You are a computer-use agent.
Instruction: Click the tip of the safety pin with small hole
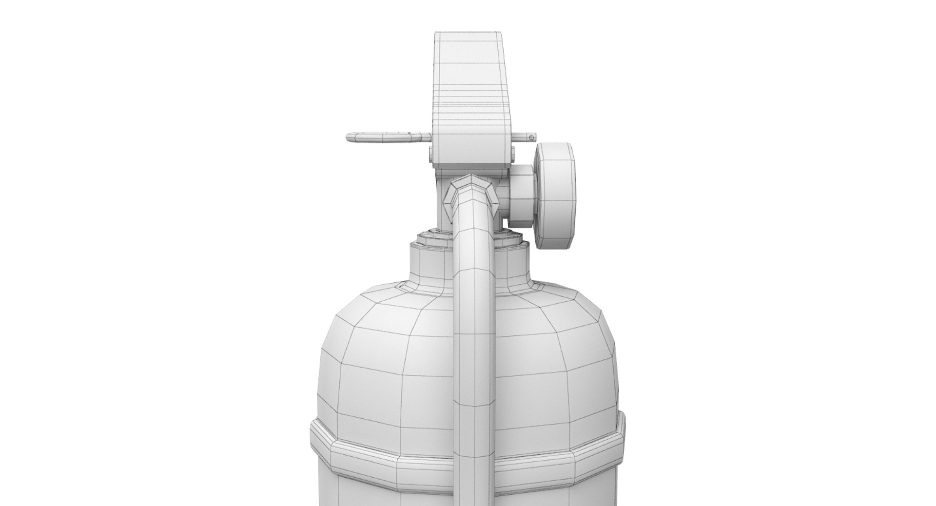point(530,138)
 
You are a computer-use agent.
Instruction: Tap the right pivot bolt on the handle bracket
point(512,155)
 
